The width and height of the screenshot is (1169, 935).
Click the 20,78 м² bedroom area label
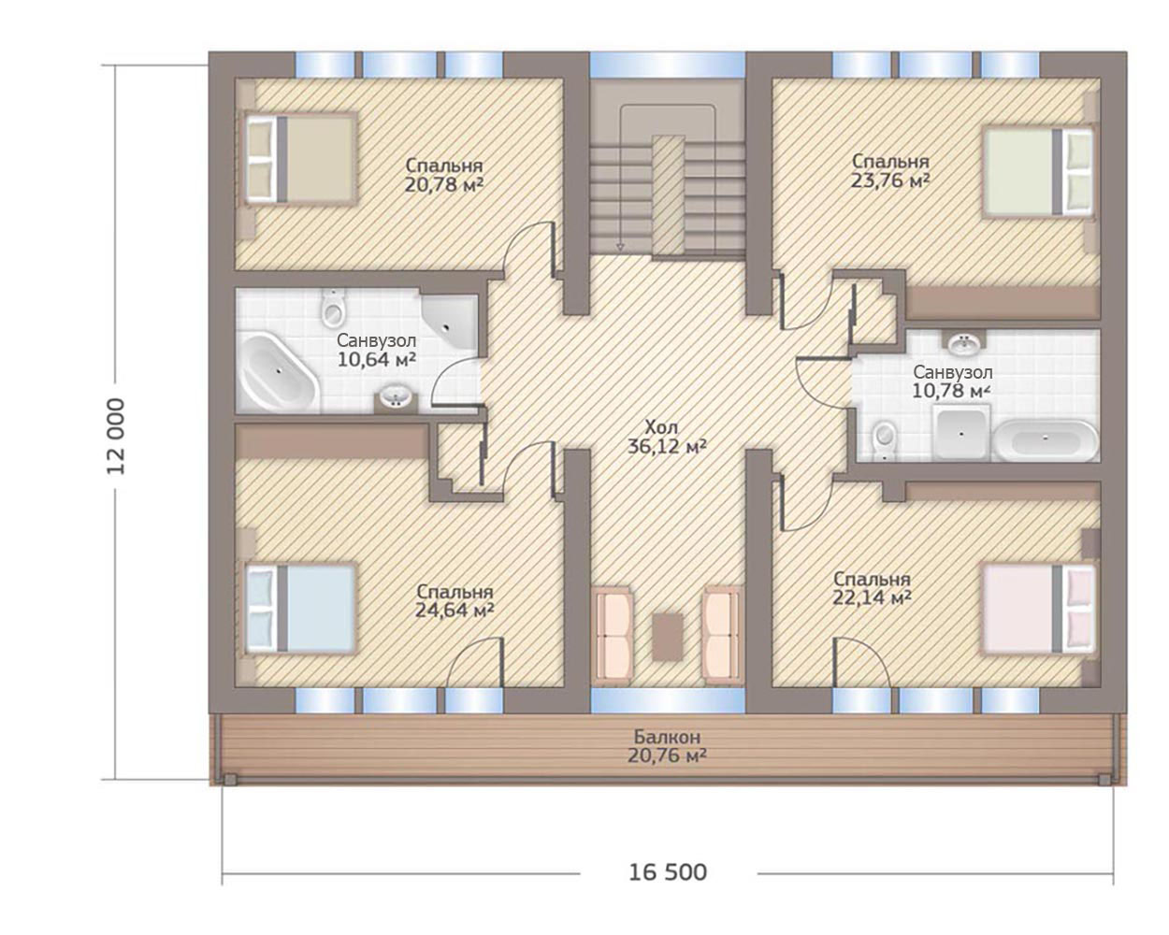444,175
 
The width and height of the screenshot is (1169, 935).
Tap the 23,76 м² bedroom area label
889,170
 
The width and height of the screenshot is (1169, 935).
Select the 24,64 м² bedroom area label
455,601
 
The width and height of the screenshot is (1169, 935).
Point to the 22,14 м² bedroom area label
872,588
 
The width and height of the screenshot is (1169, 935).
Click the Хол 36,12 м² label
667,437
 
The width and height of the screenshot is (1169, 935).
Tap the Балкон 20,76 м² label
667,746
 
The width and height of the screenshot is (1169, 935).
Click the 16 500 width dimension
668,872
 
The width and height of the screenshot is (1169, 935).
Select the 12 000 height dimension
116,437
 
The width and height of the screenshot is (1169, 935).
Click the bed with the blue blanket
300,608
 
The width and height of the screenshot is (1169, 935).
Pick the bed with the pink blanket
1038,608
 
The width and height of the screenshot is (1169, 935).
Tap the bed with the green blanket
1038,171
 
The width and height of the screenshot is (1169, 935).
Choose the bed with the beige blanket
300,158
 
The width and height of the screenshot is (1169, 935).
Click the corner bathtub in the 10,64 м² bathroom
280,373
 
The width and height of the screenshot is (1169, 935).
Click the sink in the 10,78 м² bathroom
964,342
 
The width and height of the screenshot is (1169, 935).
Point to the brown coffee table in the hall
668,637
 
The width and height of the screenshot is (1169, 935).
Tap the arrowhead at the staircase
619,248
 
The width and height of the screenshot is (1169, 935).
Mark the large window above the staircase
667,65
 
